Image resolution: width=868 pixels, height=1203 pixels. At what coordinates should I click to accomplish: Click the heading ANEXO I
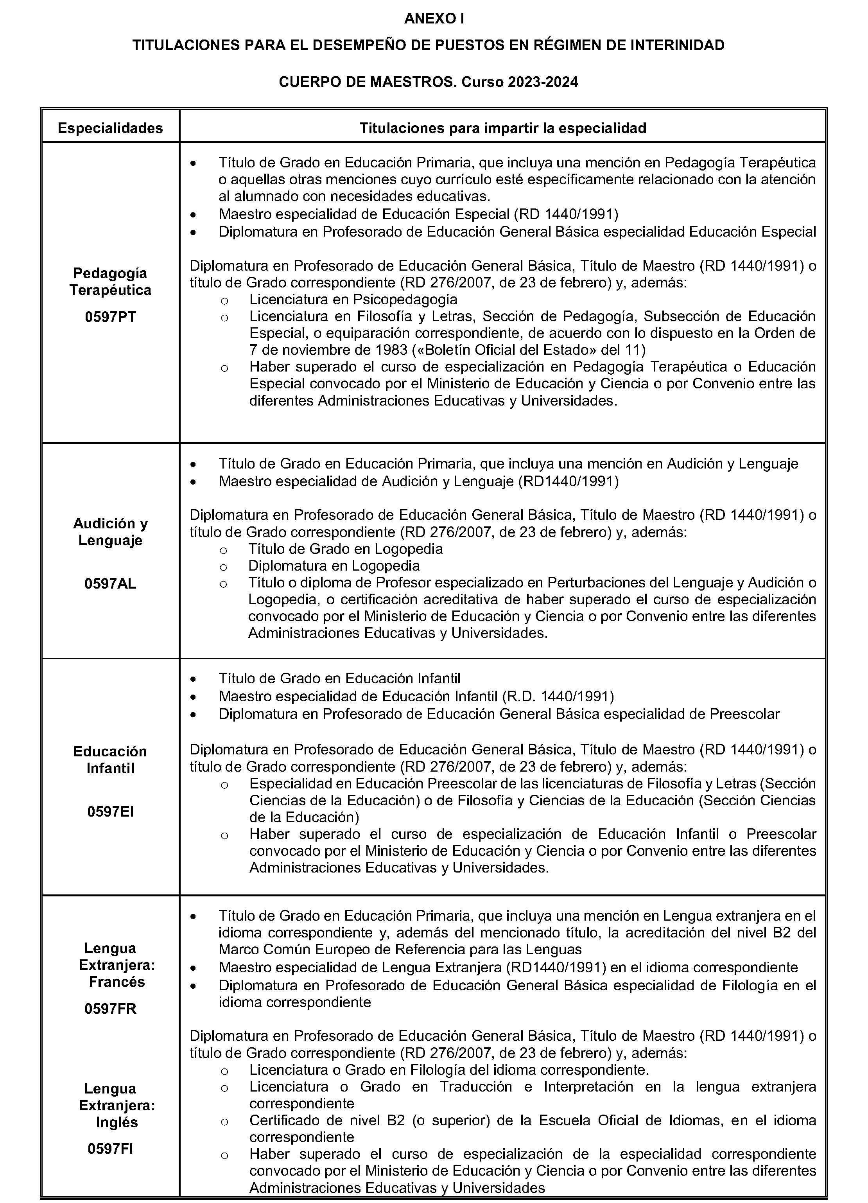coord(434,19)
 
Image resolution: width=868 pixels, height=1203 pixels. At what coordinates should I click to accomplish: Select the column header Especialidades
coord(110,128)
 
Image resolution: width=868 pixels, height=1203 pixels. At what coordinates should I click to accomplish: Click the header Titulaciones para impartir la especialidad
coord(503,128)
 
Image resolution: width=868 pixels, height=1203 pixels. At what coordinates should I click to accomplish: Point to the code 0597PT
coord(110,317)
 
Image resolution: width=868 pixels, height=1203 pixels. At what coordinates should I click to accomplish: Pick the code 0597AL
coord(110,584)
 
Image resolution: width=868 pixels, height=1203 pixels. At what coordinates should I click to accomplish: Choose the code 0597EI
coord(110,812)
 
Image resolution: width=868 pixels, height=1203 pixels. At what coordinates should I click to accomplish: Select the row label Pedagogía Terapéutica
coord(110,282)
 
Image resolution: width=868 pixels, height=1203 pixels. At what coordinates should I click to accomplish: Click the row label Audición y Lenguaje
coord(110,532)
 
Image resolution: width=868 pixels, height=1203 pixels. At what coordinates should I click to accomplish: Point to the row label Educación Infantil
coord(110,760)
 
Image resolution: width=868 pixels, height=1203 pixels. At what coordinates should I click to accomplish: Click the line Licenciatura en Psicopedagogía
coord(353,300)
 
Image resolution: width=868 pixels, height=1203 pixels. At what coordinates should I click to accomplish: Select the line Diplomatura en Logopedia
coord(334,566)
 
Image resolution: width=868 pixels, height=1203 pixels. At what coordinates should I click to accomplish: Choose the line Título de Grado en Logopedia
coord(346,548)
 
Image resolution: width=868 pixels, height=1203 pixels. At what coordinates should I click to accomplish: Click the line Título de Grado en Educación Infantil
coord(339,679)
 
